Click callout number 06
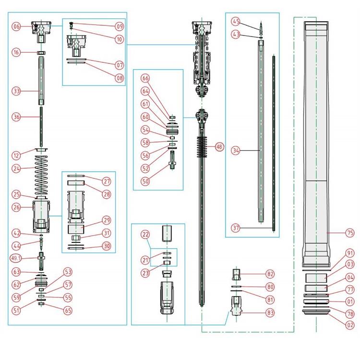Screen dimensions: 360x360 17,27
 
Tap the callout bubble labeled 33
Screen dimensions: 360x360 17,91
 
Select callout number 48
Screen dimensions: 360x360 219,147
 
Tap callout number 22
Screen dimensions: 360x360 145,234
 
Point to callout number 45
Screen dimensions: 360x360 236,21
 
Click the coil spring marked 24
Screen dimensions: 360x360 42,178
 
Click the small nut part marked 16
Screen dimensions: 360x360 42,52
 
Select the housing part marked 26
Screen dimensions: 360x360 42,216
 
